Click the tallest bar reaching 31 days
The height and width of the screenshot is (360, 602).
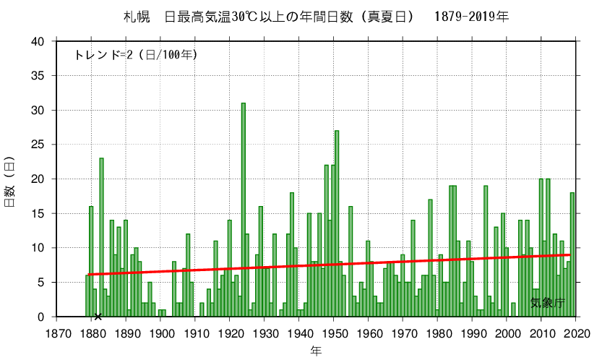pos(244,210)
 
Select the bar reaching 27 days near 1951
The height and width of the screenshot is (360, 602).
pos(337,223)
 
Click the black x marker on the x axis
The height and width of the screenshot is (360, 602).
pos(98,316)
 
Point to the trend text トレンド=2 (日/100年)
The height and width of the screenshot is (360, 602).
pos(135,55)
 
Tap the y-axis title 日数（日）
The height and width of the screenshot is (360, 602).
pos(9,179)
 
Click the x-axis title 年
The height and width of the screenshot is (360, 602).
pos(317,351)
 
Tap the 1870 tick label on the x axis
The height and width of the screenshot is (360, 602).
pos(58,333)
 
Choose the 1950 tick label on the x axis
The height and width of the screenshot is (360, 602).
pos(335,333)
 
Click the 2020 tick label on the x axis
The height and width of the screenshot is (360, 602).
pos(577,333)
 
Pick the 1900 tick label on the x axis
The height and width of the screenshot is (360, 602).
pos(162,333)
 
